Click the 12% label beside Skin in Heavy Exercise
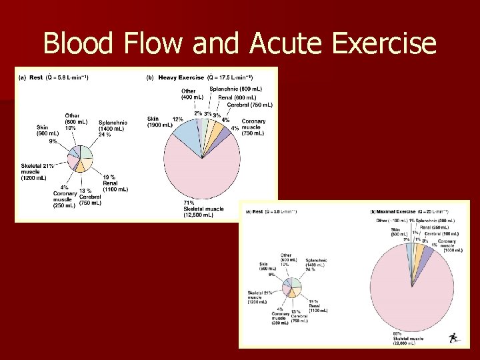pyautogui.click(x=178, y=119)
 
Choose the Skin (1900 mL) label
pyautogui.click(x=159, y=123)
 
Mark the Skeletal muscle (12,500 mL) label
pyautogui.click(x=203, y=212)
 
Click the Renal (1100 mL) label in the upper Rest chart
pyautogui.click(x=115, y=185)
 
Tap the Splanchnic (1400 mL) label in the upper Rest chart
pyautogui.click(x=113, y=127)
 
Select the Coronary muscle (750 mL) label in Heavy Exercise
pyautogui.click(x=253, y=127)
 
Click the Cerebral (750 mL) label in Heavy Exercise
pyautogui.click(x=249, y=105)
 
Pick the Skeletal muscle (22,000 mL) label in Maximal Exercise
pyautogui.click(x=407, y=341)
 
